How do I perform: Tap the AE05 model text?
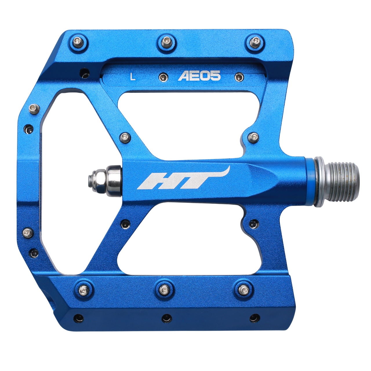199,76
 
